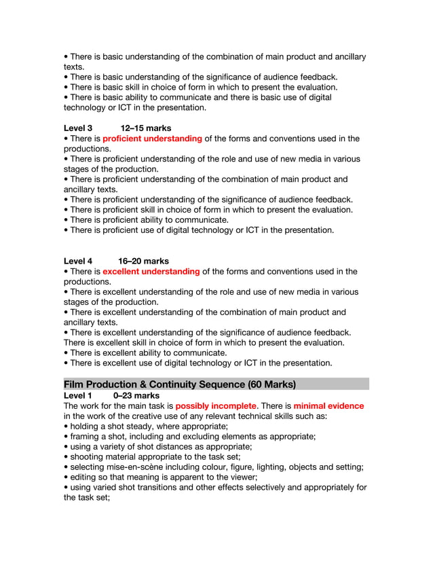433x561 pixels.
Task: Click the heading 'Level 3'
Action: tap(77, 128)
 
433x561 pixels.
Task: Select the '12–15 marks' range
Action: tap(145, 128)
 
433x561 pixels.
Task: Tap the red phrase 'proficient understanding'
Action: tap(152, 139)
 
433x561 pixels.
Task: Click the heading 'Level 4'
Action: tap(77, 261)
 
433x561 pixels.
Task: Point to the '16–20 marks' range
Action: tap(143, 261)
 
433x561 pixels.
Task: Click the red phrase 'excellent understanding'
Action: tap(151, 272)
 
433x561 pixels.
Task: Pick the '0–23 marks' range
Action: tap(136, 395)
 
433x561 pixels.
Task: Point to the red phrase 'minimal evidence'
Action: tap(328, 406)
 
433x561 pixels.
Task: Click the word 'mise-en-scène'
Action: tap(146, 467)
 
